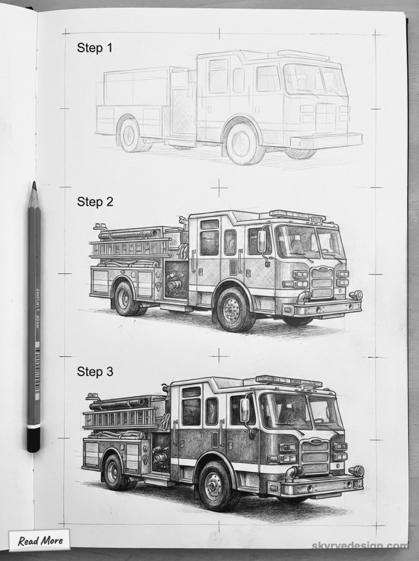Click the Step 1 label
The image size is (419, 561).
point(95,48)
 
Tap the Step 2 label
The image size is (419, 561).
point(95,202)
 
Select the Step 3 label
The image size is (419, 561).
point(95,372)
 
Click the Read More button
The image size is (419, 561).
point(40,541)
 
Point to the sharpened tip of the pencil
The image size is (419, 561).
point(34,187)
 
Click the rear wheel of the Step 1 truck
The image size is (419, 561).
point(130,134)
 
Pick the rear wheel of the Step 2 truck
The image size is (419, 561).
point(124,299)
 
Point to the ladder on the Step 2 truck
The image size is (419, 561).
point(131,248)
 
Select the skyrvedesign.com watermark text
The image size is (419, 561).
point(359,546)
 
